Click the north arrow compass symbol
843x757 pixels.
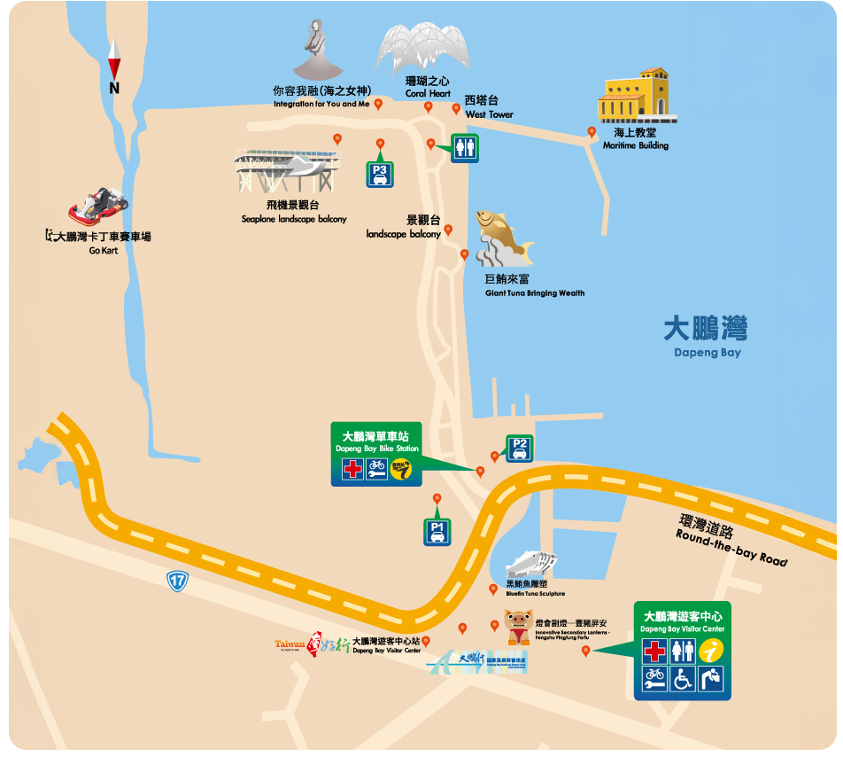[114, 66]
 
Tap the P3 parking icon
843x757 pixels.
[380, 174]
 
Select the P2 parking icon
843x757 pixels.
[520, 449]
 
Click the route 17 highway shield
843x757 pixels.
[177, 581]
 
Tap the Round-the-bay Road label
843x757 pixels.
[730, 542]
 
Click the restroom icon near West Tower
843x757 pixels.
[465, 148]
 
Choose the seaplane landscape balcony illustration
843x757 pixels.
[287, 171]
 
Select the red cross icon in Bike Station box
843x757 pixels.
[352, 469]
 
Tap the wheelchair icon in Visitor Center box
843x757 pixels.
[683, 680]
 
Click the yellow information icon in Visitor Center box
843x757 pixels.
[711, 652]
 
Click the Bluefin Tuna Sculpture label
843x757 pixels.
[535, 593]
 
